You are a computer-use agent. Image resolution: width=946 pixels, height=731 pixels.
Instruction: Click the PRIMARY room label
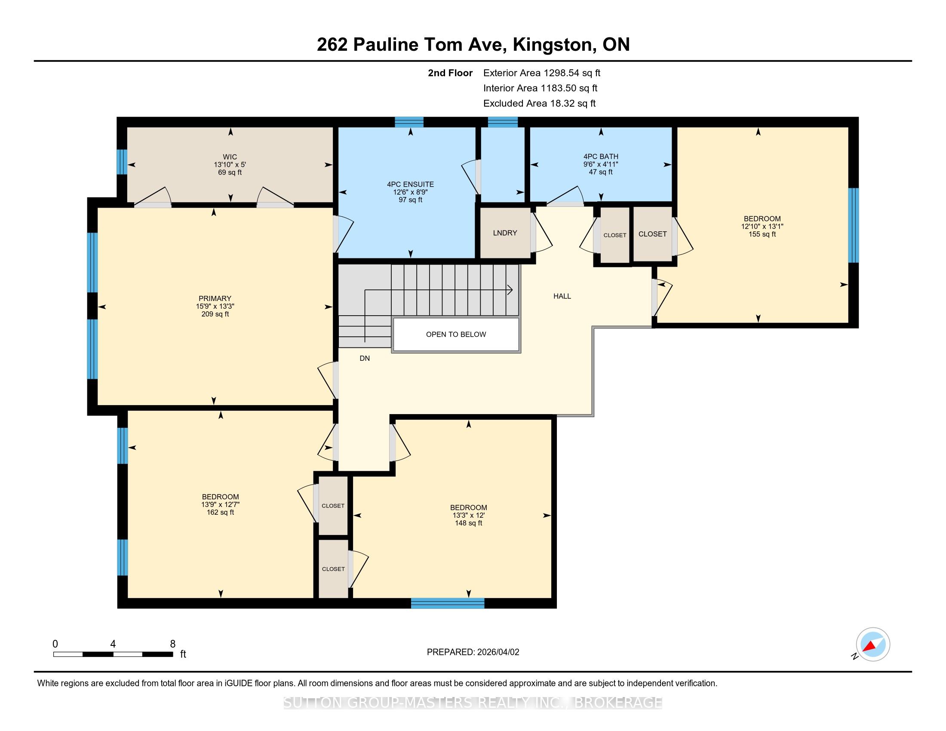(215, 298)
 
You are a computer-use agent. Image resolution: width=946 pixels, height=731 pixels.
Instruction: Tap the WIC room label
(230, 157)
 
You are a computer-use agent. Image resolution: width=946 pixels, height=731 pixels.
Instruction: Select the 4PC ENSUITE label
(410, 184)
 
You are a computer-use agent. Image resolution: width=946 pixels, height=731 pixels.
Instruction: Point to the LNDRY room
(505, 233)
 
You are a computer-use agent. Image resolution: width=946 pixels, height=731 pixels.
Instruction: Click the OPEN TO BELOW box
(456, 334)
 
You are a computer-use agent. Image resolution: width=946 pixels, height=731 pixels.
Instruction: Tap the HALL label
(562, 296)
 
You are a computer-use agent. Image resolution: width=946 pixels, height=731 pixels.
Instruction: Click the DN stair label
(365, 358)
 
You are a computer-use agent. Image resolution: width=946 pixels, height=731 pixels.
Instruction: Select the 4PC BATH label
(601, 157)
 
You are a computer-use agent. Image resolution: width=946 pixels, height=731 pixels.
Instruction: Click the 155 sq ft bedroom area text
(762, 234)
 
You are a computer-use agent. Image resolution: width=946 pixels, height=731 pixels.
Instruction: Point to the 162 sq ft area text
(221, 512)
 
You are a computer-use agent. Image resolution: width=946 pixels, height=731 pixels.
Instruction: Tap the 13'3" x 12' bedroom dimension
(468, 515)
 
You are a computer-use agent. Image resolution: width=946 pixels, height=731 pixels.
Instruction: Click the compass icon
(873, 644)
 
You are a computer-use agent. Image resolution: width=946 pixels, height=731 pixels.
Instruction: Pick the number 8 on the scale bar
(173, 644)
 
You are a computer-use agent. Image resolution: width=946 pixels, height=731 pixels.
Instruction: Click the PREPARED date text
(473, 652)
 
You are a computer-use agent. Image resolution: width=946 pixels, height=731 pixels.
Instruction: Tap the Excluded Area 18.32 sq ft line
(540, 104)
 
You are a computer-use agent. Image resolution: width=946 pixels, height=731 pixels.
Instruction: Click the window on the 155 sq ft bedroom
(853, 226)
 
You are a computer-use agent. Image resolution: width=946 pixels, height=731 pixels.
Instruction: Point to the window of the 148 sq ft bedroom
(448, 603)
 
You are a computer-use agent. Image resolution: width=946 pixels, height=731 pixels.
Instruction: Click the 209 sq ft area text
(215, 314)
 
